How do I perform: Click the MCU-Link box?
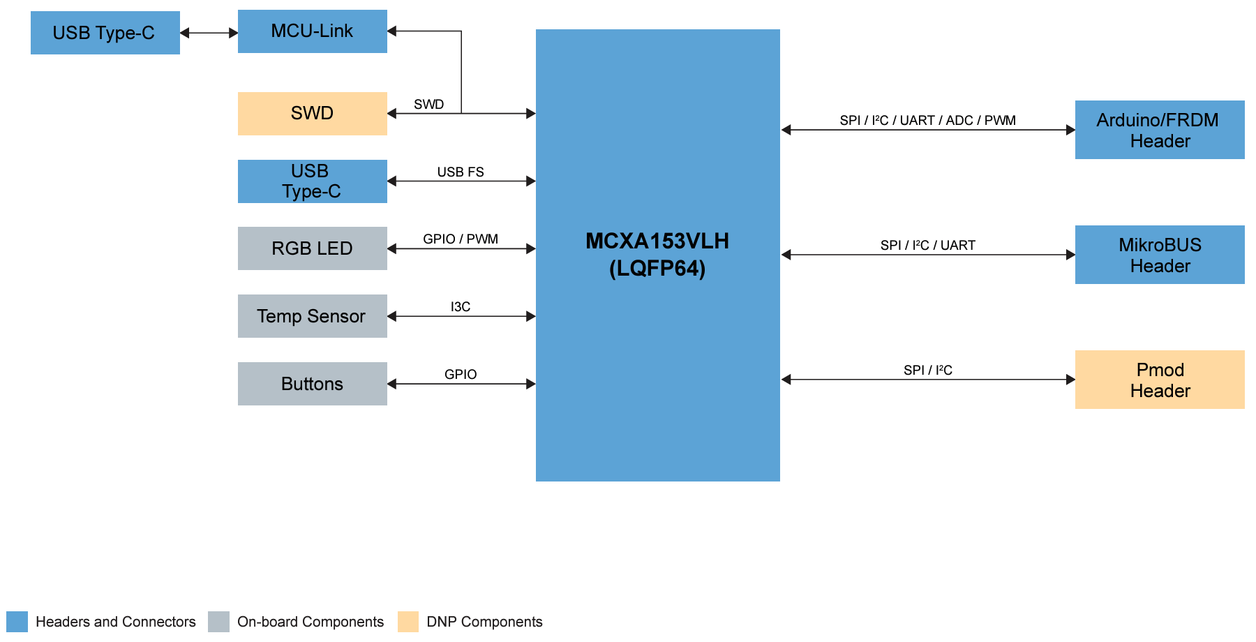click(312, 31)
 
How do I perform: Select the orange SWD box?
click(312, 114)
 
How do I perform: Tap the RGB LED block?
click(312, 248)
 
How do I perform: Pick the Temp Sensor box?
click(312, 316)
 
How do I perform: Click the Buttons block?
click(312, 384)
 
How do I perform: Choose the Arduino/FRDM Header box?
click(1160, 130)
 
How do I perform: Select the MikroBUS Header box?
click(1160, 255)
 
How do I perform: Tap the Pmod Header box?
click(1160, 380)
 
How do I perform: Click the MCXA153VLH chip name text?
click(657, 241)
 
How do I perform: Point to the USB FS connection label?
click(461, 172)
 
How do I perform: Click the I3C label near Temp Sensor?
click(461, 307)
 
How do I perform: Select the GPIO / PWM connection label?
click(461, 239)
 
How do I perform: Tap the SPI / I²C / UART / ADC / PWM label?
click(927, 121)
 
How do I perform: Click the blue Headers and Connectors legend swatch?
click(17, 622)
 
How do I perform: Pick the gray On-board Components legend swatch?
click(218, 622)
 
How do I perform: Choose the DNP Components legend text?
click(484, 622)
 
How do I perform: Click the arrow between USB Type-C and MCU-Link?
click(209, 33)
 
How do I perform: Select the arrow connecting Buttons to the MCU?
click(461, 384)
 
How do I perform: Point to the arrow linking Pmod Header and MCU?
click(928, 380)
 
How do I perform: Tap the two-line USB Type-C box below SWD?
click(312, 181)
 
